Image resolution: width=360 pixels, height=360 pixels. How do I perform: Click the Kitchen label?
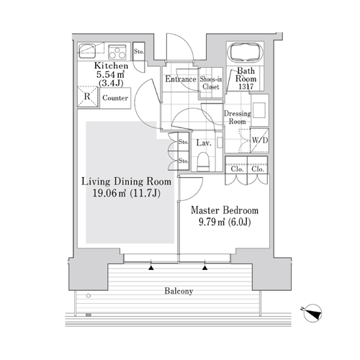click(111, 66)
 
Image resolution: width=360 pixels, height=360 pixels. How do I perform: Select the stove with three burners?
click(117, 52)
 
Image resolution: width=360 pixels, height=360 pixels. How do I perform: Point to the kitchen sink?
click(87, 51)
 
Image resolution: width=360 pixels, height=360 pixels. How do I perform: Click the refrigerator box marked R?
click(87, 96)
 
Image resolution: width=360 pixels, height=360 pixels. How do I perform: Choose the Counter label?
click(115, 98)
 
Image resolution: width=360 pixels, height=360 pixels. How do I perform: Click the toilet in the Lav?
click(203, 161)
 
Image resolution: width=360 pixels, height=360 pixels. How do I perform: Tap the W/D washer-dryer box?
click(259, 140)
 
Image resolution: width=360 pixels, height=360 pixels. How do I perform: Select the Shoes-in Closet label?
click(211, 83)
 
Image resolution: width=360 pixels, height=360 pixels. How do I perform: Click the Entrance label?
click(181, 79)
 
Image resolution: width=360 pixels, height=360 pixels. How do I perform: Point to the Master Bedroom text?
click(225, 210)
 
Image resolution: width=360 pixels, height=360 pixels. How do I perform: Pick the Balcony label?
click(179, 291)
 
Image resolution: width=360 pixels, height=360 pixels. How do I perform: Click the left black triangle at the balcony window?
click(150, 268)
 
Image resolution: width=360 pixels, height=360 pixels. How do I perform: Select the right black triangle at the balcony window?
click(204, 268)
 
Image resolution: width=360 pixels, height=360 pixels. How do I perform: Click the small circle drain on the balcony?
click(89, 296)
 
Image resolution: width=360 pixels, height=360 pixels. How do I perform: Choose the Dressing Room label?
click(238, 117)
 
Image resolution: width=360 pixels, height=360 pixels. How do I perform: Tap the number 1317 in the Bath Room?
click(246, 86)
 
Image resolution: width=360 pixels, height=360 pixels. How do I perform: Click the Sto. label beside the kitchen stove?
click(139, 51)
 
